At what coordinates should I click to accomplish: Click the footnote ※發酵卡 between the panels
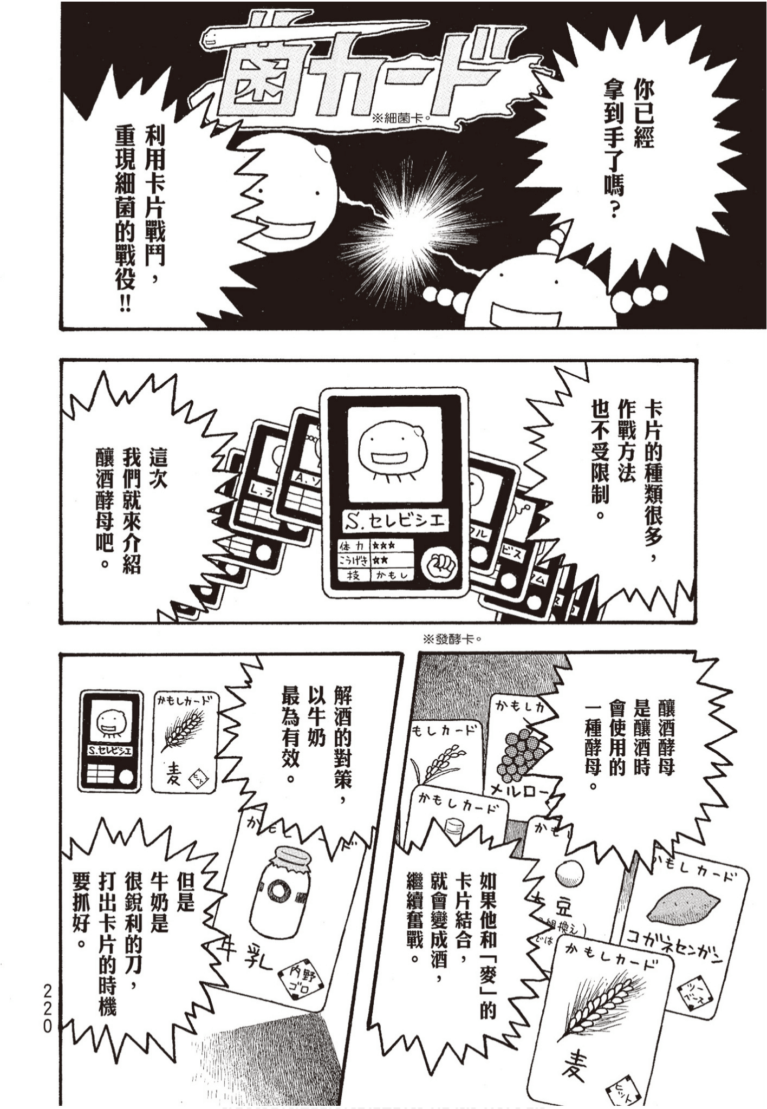(x=453, y=639)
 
